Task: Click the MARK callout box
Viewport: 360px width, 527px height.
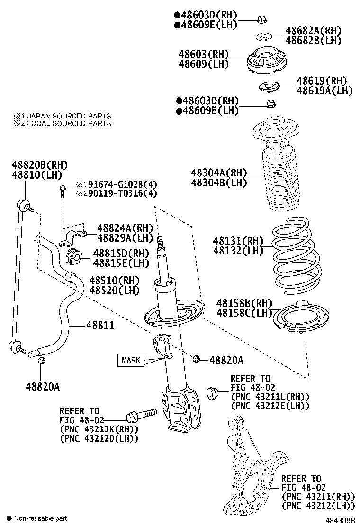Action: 131,360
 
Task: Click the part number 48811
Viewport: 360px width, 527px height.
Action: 100,326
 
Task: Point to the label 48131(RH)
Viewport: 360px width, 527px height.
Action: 238,241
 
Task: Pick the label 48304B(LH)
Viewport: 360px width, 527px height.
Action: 219,182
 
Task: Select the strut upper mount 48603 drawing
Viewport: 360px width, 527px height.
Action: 268,61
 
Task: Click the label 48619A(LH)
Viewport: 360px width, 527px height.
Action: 324,91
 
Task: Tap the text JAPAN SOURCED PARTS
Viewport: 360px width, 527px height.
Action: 69,116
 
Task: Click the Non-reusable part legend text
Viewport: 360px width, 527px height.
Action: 40,518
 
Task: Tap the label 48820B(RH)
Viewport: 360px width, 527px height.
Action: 40,165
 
